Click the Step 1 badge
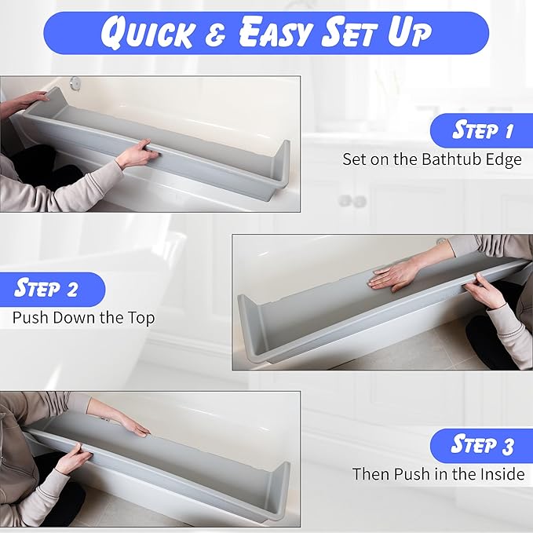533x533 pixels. tap(482, 130)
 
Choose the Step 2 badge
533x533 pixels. tap(46, 288)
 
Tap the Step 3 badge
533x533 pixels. tap(482, 445)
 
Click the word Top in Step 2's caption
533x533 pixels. tap(141, 318)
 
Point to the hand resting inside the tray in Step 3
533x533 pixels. tap(133, 427)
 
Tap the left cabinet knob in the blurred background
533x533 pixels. tap(345, 201)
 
